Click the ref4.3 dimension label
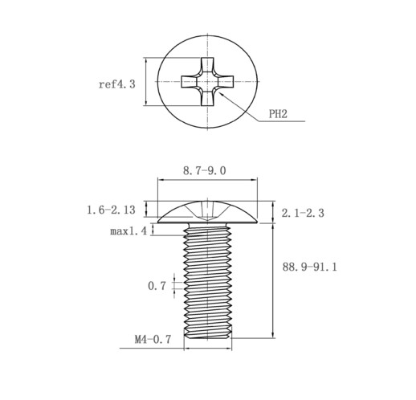[117, 84]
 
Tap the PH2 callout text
[278, 114]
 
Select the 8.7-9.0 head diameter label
[205, 170]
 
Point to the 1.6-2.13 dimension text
[112, 210]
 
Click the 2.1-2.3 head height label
[303, 213]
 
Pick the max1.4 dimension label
[128, 231]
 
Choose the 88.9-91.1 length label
[310, 267]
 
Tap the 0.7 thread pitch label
[157, 286]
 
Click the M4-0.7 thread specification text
[153, 340]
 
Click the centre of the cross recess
[207, 81]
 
